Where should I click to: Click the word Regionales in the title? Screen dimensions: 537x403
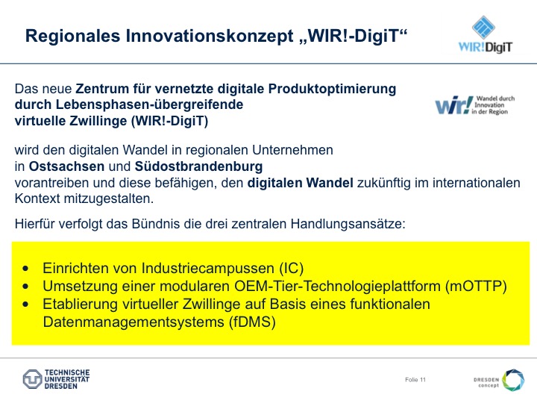(73, 37)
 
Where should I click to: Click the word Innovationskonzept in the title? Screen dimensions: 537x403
(210, 37)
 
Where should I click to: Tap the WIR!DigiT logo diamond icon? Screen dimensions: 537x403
(483, 27)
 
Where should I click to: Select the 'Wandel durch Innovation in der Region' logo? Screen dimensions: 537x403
(474, 105)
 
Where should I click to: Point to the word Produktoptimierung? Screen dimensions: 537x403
(332, 89)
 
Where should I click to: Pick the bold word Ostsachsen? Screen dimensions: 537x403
(66, 166)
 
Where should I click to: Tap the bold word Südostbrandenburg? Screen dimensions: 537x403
(198, 166)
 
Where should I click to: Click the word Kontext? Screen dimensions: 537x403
(37, 199)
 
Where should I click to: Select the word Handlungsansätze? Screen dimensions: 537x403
(348, 224)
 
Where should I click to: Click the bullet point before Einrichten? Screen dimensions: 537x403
(25, 269)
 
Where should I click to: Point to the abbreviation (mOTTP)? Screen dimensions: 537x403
(476, 286)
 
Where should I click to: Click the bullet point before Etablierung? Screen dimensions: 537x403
(25, 304)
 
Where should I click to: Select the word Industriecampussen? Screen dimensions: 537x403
(208, 269)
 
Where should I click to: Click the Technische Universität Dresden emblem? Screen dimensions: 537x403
(33, 379)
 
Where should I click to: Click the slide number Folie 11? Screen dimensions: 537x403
(415, 380)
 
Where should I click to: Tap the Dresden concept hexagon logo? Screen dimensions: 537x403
(513, 380)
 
